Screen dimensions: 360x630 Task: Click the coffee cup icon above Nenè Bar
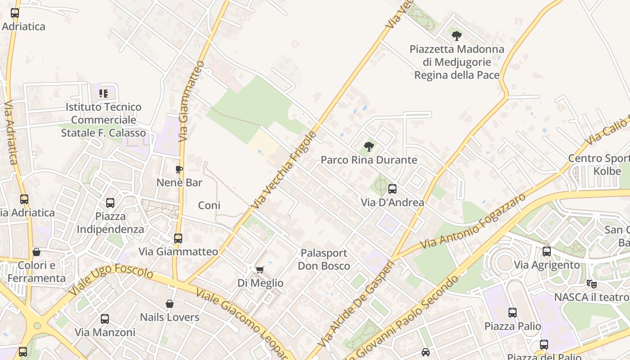coord(179,169)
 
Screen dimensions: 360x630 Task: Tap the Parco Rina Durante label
coord(369,160)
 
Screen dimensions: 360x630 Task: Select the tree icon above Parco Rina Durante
coord(369,146)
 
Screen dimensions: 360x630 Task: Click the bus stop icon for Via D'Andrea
coord(392,189)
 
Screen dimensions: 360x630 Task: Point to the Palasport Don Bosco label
coord(324,259)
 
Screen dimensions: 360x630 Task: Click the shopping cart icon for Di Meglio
coord(260,270)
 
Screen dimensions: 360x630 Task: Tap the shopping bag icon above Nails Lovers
coord(170,304)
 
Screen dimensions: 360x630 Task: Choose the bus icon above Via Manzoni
coord(105,319)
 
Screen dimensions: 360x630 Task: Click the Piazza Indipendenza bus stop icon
coord(110,203)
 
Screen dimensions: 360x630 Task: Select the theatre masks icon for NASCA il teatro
coord(591,283)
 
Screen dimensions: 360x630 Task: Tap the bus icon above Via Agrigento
coord(547,252)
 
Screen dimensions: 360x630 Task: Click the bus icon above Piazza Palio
coord(513,312)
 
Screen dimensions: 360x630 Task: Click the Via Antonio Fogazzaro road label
coord(472,221)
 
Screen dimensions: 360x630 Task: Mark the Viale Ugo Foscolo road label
coord(111,280)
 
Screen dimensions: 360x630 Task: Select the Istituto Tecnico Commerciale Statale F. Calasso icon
coord(103,94)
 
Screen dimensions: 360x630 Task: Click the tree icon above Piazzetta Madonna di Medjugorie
coord(457,36)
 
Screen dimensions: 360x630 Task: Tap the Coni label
coord(209,205)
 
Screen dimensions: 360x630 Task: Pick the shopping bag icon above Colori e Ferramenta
coord(36,252)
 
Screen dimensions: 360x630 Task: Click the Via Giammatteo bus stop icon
coord(178,238)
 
